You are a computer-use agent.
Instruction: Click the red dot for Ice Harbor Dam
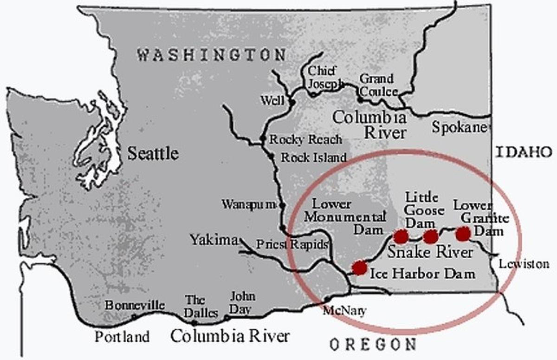[x=359, y=268]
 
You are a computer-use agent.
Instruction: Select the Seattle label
[x=153, y=153]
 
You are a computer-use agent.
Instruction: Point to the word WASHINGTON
[x=211, y=55]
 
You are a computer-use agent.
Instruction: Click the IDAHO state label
[x=524, y=152]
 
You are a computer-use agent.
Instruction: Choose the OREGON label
[x=373, y=345]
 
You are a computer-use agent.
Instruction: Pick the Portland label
[x=123, y=336]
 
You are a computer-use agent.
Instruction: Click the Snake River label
[x=430, y=252]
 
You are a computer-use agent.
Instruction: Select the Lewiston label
[x=524, y=264]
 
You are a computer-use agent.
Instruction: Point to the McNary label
[x=344, y=311]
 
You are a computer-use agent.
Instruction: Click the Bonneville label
[x=135, y=305]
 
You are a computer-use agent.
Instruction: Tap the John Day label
[x=243, y=302]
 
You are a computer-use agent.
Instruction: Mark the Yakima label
[x=213, y=240]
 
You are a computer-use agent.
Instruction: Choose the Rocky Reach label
[x=305, y=139]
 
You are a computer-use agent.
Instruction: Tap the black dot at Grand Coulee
[x=360, y=99]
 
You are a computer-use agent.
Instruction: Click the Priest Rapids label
[x=292, y=244]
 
